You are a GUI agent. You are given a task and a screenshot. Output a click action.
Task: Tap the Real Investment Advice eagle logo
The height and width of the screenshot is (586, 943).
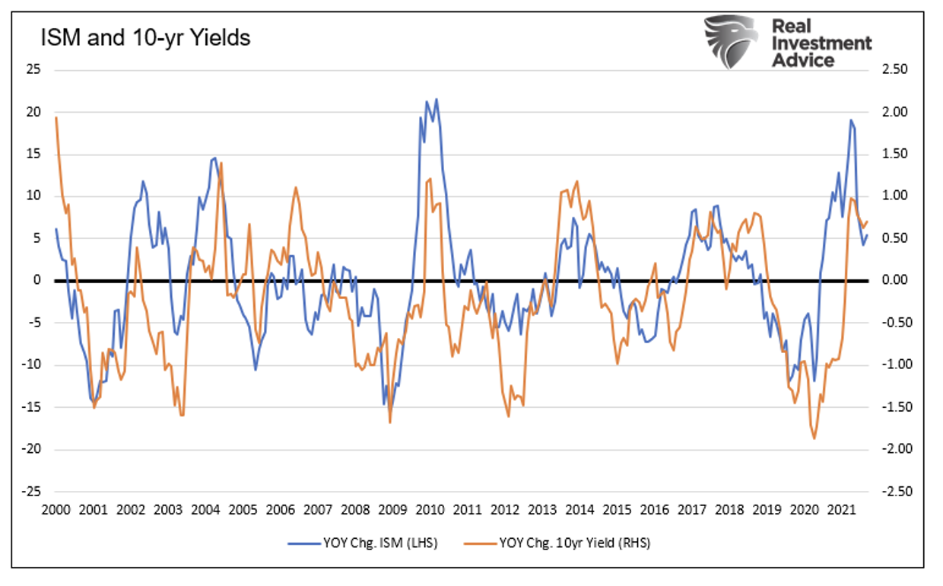[x=729, y=41]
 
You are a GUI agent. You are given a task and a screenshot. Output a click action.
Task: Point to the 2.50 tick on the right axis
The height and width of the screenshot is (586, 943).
[x=894, y=70]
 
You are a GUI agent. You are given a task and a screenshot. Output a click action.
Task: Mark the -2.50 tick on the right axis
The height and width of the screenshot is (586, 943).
[x=893, y=492]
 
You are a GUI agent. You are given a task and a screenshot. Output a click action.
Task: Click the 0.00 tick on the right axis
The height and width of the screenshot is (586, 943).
[x=894, y=281]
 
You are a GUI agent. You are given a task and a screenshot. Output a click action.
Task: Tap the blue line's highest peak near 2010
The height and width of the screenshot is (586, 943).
[x=436, y=99]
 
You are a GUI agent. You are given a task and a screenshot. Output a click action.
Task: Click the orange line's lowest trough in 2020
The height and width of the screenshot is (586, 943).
[x=814, y=438]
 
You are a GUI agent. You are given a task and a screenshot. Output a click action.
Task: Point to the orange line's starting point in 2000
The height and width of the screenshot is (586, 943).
[x=56, y=117]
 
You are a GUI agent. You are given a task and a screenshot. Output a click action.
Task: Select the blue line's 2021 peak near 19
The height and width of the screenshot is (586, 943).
[x=851, y=120]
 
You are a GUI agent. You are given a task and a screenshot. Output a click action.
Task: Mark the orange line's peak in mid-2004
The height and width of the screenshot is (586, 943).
[x=221, y=163]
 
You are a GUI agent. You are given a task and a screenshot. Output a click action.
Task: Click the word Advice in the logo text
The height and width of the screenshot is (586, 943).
[x=802, y=60]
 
